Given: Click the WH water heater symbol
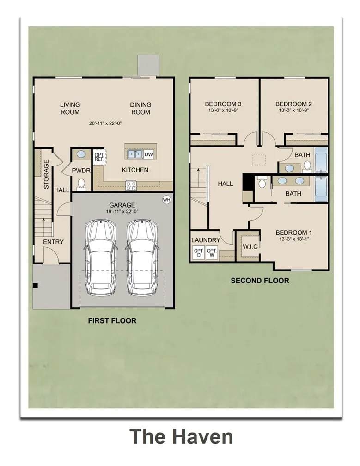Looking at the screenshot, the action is [166, 200].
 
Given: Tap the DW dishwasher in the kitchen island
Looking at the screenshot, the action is [148, 154].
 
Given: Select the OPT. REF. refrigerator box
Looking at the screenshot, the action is [99, 157].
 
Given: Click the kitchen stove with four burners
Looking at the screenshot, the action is [131, 186].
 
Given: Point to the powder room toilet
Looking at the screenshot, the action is [81, 185].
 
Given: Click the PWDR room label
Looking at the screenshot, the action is [81, 171].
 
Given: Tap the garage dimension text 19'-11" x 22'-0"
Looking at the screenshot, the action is [122, 212].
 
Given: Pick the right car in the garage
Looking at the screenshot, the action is [142, 258].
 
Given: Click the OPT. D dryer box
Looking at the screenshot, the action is [199, 253].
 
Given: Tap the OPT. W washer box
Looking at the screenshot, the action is [212, 253].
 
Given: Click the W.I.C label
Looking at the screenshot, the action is [250, 247].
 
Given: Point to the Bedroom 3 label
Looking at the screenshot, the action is [223, 104].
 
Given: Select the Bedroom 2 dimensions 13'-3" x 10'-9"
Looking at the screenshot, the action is [293, 110].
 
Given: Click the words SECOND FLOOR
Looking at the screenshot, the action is [260, 281].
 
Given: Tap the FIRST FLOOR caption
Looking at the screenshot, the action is [112, 321].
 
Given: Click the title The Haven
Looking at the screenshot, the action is [181, 436].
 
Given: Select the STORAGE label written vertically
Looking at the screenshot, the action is [46, 174].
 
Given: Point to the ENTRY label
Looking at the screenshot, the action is [53, 242].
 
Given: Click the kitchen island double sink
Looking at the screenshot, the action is [135, 154].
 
